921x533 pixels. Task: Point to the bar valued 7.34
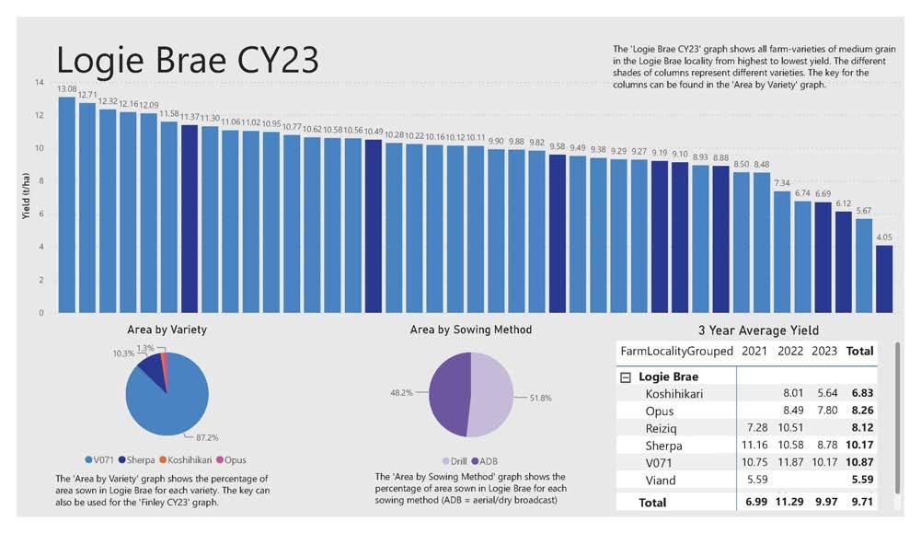tap(781, 252)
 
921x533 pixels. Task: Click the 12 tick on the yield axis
tap(39, 116)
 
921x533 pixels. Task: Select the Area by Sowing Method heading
tap(470, 330)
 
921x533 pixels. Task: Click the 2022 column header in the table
tap(790, 351)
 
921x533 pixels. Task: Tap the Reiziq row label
tap(662, 428)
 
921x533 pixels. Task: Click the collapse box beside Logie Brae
tap(626, 377)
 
